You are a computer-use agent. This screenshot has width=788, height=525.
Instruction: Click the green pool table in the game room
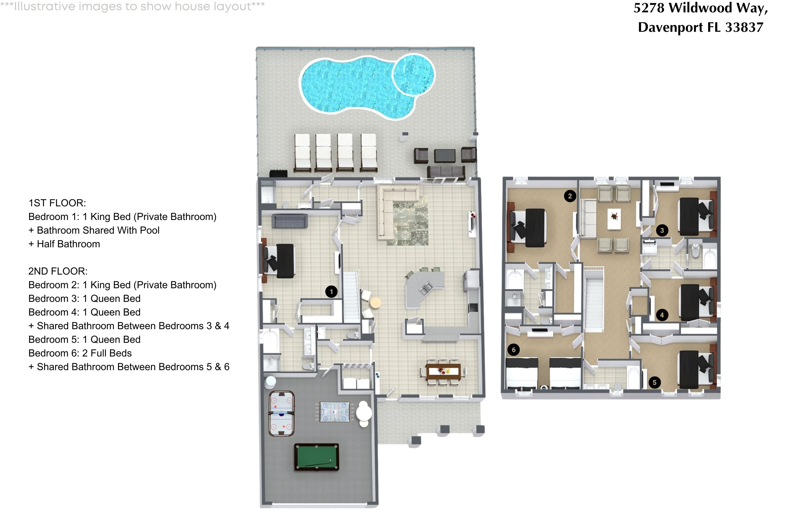[x=316, y=457]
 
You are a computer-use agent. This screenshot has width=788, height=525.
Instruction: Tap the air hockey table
[x=281, y=414]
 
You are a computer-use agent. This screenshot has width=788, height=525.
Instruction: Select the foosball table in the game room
[x=334, y=412]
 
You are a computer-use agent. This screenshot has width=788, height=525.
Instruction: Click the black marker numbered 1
[x=331, y=292]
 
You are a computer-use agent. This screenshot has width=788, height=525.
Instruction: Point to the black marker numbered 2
[x=570, y=196]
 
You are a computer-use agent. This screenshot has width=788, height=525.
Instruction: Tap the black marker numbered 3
[x=662, y=230]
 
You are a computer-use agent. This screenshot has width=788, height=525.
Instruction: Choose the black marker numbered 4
[x=662, y=315]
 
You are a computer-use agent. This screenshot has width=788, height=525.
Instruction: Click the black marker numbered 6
[x=514, y=350]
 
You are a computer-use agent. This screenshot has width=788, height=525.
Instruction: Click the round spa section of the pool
[x=413, y=74]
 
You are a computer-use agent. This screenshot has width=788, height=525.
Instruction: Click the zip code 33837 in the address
[x=744, y=27]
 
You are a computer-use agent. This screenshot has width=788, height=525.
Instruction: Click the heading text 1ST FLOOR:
[x=57, y=203]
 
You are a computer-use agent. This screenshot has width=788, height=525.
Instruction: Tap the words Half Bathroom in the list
[x=68, y=244]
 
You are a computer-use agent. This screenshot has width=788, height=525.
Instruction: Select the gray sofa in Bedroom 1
[x=290, y=221]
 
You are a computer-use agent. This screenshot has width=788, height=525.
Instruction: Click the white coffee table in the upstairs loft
[x=614, y=220]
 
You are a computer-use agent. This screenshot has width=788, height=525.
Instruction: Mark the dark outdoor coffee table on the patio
[x=445, y=156]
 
